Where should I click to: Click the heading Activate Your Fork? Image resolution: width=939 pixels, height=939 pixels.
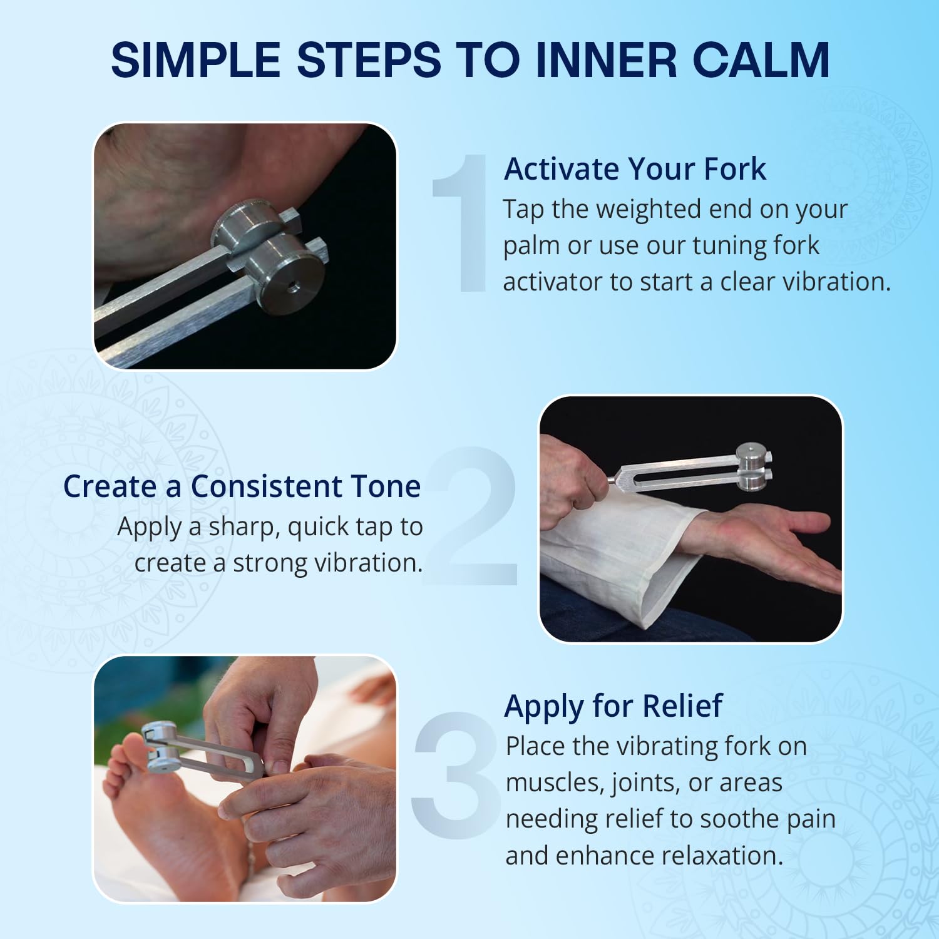pyautogui.click(x=635, y=169)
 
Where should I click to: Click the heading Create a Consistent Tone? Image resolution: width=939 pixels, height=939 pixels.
pyautogui.click(x=242, y=486)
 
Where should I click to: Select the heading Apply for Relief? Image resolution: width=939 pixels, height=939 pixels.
pyautogui.click(x=613, y=706)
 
